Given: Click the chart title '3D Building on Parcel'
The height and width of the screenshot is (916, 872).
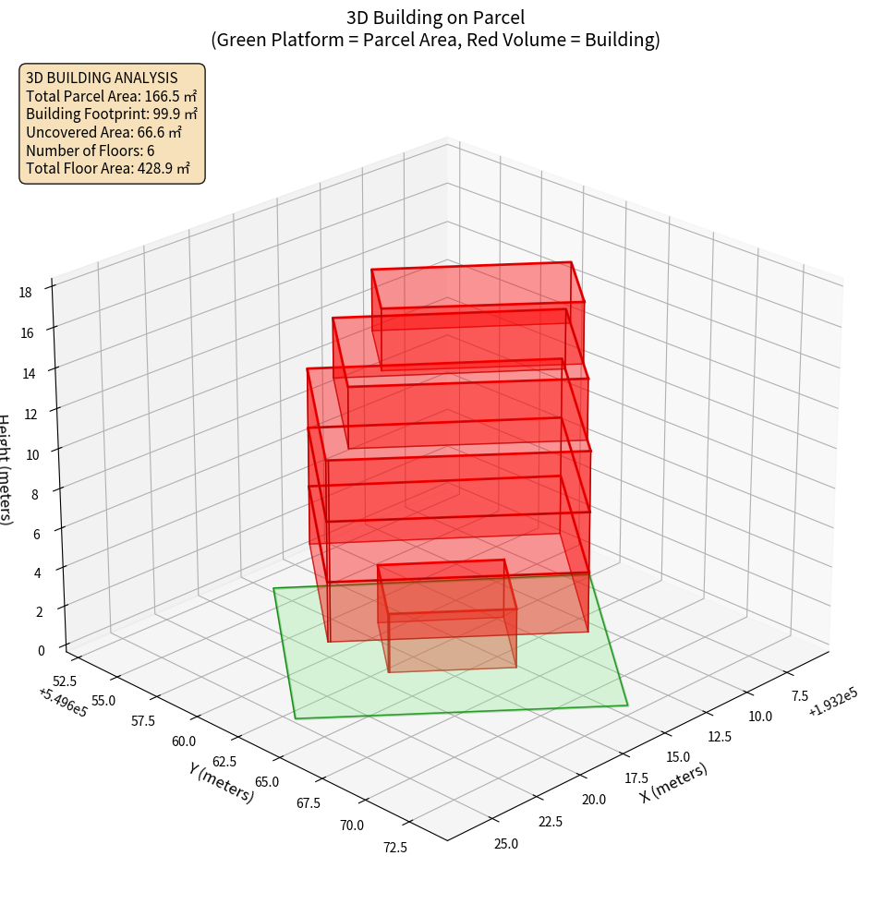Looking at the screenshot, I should (435, 17).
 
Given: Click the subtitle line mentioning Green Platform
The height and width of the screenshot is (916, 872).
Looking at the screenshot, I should (435, 40).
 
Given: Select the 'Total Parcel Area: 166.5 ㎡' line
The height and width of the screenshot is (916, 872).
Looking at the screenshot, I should (111, 96).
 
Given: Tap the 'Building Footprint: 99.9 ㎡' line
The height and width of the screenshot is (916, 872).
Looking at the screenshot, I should (111, 114).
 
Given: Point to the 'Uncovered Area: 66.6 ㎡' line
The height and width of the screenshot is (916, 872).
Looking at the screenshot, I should (104, 132).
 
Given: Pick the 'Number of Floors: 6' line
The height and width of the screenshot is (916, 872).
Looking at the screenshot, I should (90, 151).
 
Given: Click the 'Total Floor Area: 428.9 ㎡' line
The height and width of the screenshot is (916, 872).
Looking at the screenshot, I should (107, 168).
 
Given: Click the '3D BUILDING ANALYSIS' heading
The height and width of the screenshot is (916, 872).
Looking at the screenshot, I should (102, 78).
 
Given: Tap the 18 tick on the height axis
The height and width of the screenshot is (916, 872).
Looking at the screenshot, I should (25, 293).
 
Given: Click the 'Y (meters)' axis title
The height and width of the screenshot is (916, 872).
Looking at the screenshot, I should (221, 782).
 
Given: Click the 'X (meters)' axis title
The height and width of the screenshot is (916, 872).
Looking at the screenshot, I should (674, 782).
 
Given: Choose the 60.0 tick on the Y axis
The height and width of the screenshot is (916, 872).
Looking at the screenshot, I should (183, 741).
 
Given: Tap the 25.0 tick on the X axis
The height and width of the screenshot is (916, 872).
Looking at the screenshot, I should (506, 844).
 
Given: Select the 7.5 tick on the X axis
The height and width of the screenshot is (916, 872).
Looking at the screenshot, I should (793, 695).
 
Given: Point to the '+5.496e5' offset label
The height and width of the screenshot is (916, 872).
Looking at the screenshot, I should (63, 703).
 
